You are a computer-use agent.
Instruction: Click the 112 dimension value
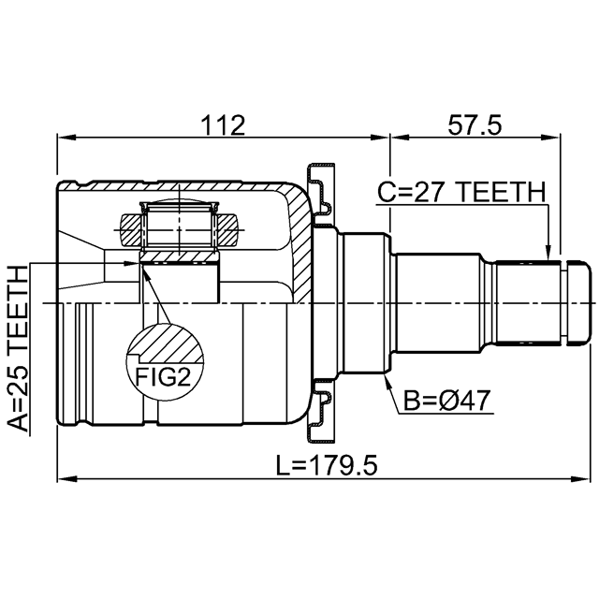223,125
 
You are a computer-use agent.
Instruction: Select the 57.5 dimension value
475,125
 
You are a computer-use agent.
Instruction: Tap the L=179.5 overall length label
327,465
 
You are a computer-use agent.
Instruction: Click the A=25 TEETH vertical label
19,349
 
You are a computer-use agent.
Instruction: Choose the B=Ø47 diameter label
447,401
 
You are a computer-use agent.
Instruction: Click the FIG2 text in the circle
164,378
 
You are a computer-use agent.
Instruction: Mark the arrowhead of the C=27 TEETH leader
548,254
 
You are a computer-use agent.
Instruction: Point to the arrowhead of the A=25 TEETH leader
133,263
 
